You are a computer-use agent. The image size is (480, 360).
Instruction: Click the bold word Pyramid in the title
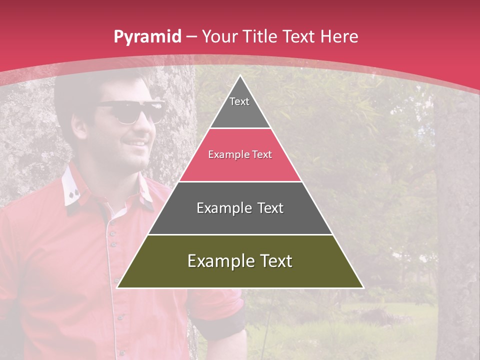coord(147,37)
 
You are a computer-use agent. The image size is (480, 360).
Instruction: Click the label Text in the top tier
coord(239,101)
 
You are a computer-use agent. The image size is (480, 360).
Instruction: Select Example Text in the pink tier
coord(240,154)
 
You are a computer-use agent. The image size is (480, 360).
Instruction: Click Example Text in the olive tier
coord(240,261)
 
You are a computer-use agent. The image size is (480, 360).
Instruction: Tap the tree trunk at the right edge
coord(457,225)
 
